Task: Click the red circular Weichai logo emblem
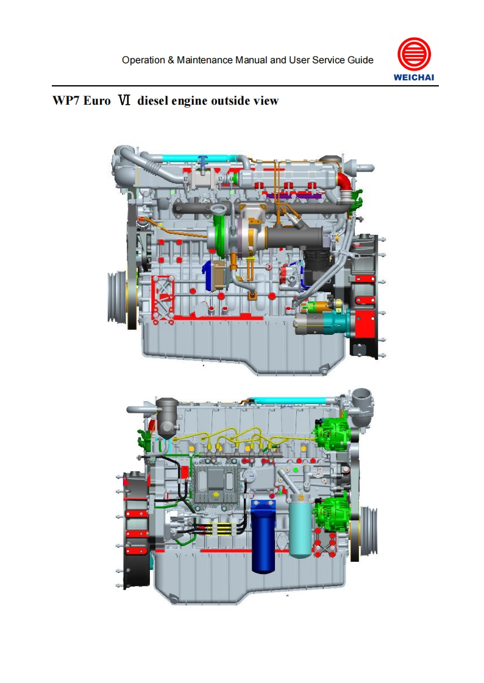tap(414, 54)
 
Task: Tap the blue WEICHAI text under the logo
tap(414, 77)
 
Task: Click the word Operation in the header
tap(143, 60)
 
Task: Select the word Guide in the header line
tap(361, 60)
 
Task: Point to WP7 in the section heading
tap(66, 100)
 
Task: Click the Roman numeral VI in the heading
tap(124, 100)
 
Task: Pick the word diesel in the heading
tap(152, 100)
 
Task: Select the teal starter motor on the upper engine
tap(336, 322)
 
